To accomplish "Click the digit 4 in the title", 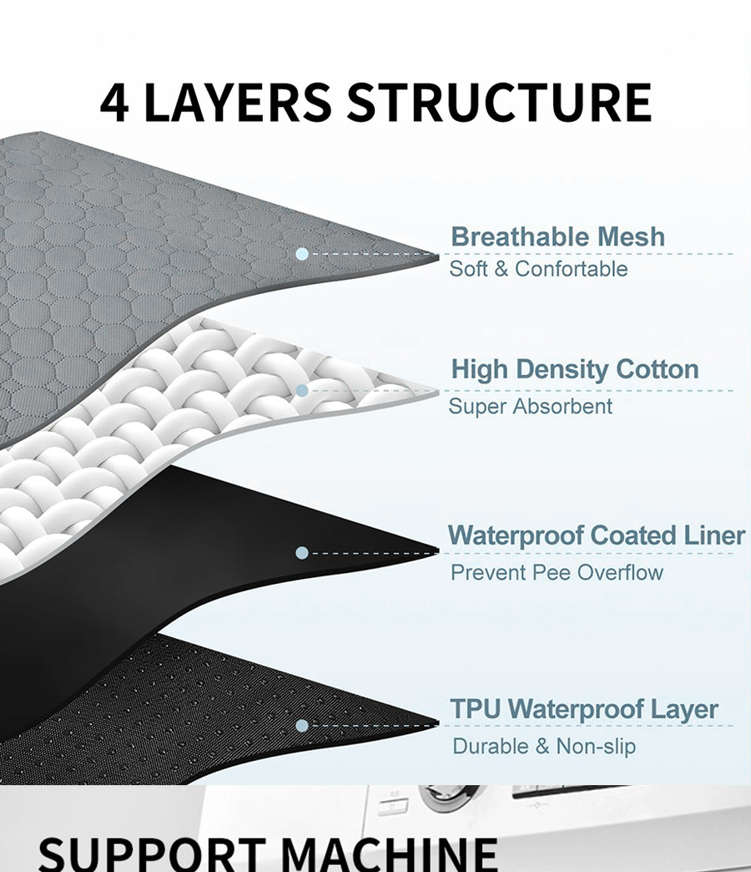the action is tap(114, 103).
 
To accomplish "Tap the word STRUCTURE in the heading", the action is tap(499, 102).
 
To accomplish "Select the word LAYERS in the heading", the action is tap(237, 102).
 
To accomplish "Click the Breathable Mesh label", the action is tap(557, 237).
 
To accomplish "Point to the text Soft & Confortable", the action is tap(538, 269).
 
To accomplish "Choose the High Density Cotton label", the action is tap(575, 369).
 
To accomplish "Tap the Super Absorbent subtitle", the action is tap(530, 407).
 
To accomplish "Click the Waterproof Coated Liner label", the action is tap(597, 535).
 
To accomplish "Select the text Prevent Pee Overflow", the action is tap(557, 573).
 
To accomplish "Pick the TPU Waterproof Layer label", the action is tap(584, 710).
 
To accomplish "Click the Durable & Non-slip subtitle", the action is tap(544, 747).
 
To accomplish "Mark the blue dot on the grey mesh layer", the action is tap(302, 254).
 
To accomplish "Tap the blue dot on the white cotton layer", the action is tap(302, 390).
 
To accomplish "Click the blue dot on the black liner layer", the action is tap(302, 553).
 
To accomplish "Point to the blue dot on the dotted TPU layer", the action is tap(302, 726).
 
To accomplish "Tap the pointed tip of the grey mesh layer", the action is tap(438, 256).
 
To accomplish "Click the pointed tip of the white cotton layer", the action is tap(438, 392).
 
